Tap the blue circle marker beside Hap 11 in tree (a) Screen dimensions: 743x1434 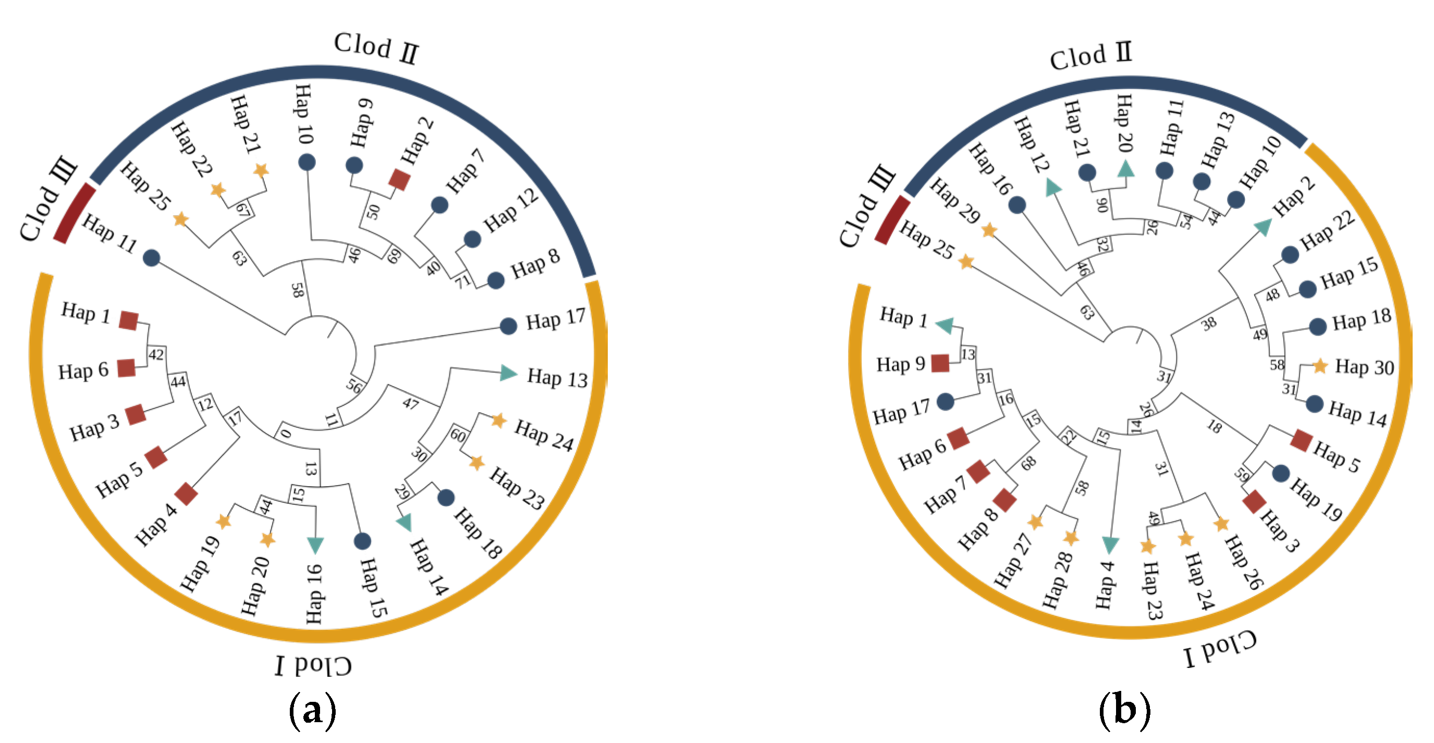[151, 258]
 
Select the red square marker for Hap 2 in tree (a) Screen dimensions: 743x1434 [399, 180]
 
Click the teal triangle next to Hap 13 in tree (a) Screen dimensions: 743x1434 [508, 373]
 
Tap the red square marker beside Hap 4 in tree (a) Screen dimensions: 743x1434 [186, 493]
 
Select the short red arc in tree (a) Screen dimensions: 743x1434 [75, 213]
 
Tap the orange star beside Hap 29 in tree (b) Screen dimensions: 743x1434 [989, 230]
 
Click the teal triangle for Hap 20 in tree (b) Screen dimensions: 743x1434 [1125, 169]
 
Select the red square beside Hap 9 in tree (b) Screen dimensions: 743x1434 [940, 363]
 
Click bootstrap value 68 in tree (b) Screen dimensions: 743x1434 [1028, 463]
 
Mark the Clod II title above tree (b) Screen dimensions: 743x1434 [1090, 56]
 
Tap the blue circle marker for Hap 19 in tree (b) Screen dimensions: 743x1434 [1281, 474]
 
